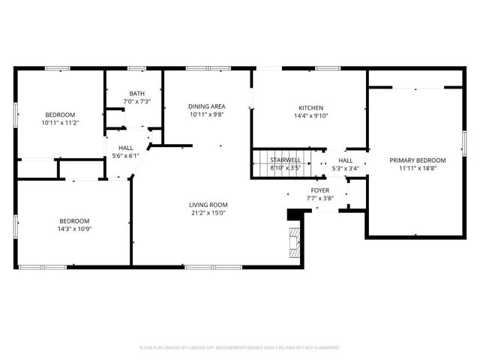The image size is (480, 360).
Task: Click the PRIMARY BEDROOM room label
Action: pyautogui.click(x=417, y=160)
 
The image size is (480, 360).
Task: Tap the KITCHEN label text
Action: pyautogui.click(x=311, y=107)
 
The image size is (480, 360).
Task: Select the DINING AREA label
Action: pyautogui.click(x=206, y=106)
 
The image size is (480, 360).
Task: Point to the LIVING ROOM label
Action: pyautogui.click(x=208, y=205)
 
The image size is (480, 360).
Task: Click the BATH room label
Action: pyautogui.click(x=136, y=94)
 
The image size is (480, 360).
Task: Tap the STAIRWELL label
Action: pyautogui.click(x=286, y=160)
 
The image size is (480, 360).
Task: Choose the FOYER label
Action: pyautogui.click(x=320, y=190)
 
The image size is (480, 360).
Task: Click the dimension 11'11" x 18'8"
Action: pyautogui.click(x=417, y=169)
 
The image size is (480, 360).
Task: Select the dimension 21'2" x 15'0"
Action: pyautogui.click(x=208, y=213)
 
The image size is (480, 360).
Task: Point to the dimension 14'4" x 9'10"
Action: pyautogui.click(x=311, y=115)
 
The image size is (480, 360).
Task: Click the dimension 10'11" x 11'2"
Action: pyautogui.click(x=60, y=122)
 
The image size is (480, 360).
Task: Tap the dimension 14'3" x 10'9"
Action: pyautogui.click(x=75, y=228)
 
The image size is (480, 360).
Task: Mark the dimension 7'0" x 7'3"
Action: pyautogui.click(x=136, y=101)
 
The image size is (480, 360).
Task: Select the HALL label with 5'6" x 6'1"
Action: pyautogui.click(x=125, y=148)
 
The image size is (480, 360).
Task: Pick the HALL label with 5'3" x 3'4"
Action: pyautogui.click(x=346, y=160)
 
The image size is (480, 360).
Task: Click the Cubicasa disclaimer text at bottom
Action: pyautogui.click(x=240, y=348)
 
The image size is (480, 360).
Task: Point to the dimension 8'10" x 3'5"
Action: pyautogui.click(x=286, y=168)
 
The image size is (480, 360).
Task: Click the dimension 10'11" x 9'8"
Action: pyautogui.click(x=206, y=115)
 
